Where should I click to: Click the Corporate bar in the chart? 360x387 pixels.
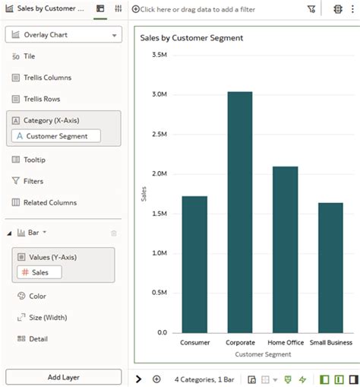point(240,212)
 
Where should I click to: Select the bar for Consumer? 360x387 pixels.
point(194,264)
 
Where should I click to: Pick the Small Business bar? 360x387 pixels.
point(330,268)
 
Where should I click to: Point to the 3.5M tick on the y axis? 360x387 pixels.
point(159,55)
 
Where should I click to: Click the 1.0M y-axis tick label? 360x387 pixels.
point(159,253)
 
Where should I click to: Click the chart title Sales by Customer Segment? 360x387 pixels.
point(191,37)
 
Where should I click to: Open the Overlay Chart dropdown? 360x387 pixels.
point(63,35)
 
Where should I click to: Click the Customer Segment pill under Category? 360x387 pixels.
point(56,136)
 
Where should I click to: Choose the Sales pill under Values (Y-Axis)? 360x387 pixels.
point(39,272)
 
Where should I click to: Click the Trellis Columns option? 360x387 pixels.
point(46,78)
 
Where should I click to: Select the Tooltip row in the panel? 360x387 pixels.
point(34,160)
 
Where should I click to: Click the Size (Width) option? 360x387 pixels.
point(48,317)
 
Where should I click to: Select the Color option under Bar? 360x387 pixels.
point(37,296)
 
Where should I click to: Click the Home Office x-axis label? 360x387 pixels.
point(285,343)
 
